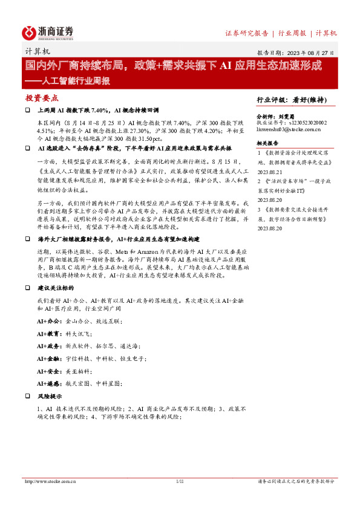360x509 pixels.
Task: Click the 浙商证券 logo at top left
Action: [x=48, y=31]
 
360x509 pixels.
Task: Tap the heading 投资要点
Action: [x=42, y=97]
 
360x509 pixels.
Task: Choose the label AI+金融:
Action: [x=48, y=358]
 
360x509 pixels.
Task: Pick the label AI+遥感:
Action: [x=48, y=383]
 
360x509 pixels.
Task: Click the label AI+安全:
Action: [x=48, y=371]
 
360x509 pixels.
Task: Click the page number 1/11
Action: [x=179, y=482]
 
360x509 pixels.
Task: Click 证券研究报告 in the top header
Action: [x=246, y=33]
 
